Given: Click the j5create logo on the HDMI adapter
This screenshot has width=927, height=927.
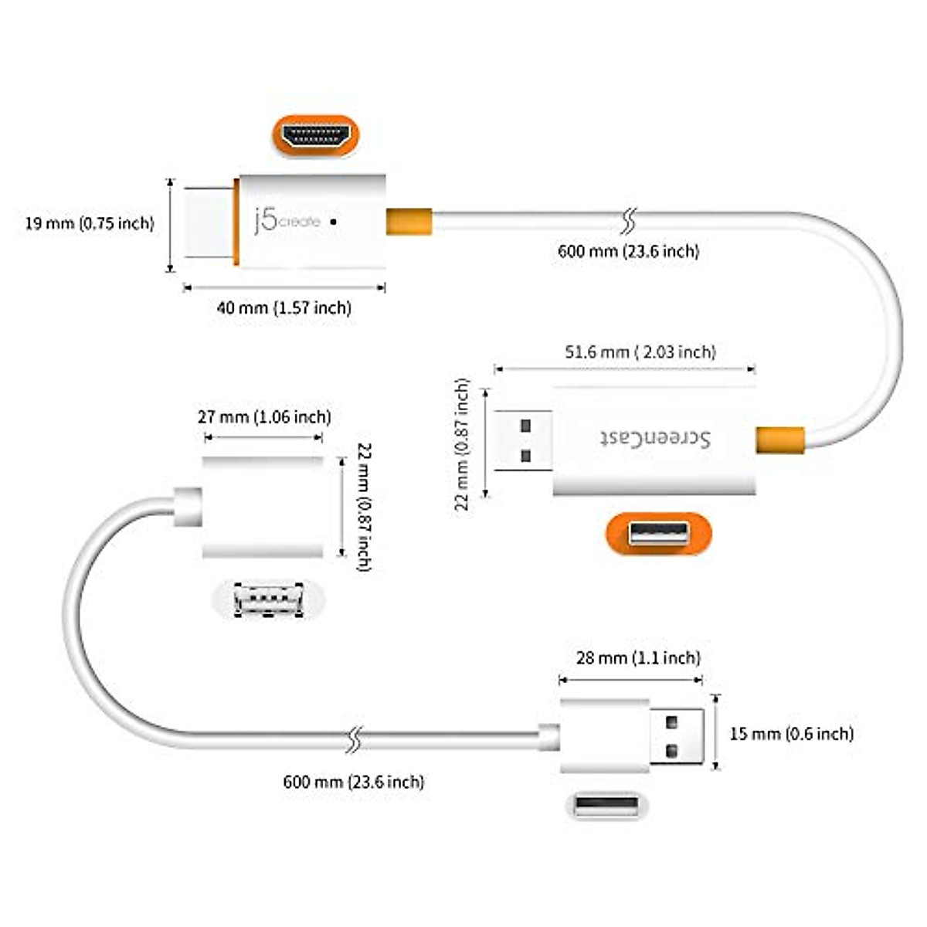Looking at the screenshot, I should point(287,221).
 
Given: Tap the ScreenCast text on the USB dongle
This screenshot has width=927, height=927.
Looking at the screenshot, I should point(656,438).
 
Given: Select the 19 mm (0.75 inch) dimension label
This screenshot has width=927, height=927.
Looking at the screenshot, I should point(90,223).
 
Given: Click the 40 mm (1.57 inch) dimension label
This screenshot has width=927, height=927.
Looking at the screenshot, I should point(284,307).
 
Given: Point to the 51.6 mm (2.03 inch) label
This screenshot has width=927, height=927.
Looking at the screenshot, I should point(640,352).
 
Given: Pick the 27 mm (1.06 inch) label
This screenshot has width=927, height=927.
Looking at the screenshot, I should point(264,417).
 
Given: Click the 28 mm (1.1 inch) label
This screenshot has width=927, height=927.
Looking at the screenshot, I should point(638,658).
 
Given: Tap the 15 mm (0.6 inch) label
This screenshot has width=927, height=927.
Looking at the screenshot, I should point(792,733).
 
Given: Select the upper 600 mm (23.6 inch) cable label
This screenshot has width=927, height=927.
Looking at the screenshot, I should point(628,251).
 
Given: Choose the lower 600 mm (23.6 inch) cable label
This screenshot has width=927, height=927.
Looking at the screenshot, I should point(353,782).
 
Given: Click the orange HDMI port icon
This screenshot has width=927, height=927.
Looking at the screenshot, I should point(315,135).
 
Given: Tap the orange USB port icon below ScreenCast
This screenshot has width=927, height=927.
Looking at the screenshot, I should point(658,533).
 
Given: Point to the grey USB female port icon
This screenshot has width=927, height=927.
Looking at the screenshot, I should point(268,599).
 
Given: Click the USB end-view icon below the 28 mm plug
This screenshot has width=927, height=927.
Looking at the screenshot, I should point(606,806).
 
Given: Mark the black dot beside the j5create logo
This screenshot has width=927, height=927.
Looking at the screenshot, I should point(333,221).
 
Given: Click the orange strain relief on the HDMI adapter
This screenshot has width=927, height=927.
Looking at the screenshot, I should point(409,222).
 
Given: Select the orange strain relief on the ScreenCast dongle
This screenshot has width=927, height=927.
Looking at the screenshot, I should point(779,440).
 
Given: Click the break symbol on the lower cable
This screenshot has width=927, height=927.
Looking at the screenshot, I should point(355,739).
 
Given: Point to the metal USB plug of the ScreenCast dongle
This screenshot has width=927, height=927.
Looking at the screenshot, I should point(523,440).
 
